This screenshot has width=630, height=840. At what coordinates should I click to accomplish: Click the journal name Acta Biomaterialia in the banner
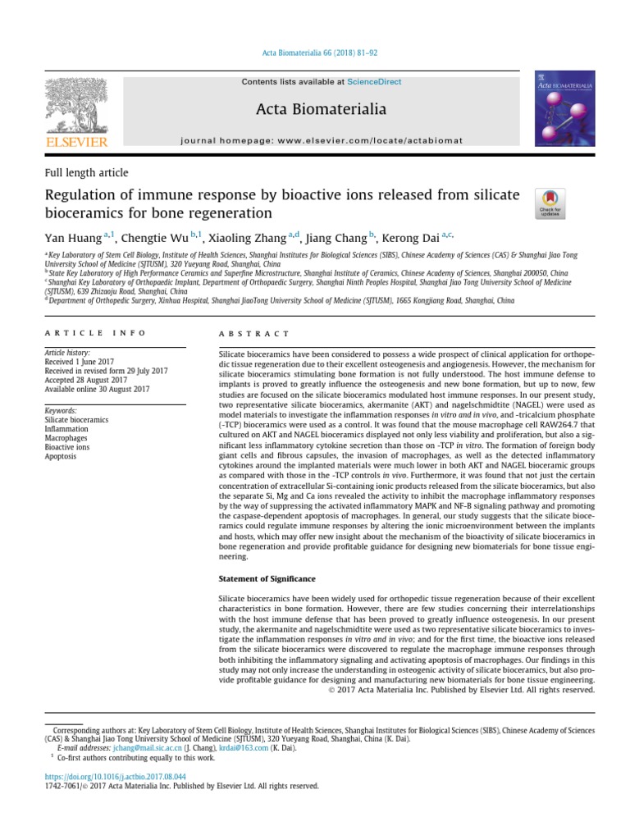(332, 109)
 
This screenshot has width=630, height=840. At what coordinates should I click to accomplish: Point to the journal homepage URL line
(332, 142)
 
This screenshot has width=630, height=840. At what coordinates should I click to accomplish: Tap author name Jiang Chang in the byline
(336, 238)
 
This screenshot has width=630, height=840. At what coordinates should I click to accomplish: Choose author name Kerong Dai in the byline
(412, 238)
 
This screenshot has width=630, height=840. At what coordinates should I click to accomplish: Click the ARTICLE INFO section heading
(95, 333)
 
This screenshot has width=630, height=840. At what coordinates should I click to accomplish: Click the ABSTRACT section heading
(254, 334)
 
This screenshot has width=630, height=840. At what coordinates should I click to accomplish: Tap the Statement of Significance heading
(267, 578)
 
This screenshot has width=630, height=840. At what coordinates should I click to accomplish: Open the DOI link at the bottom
(114, 775)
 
